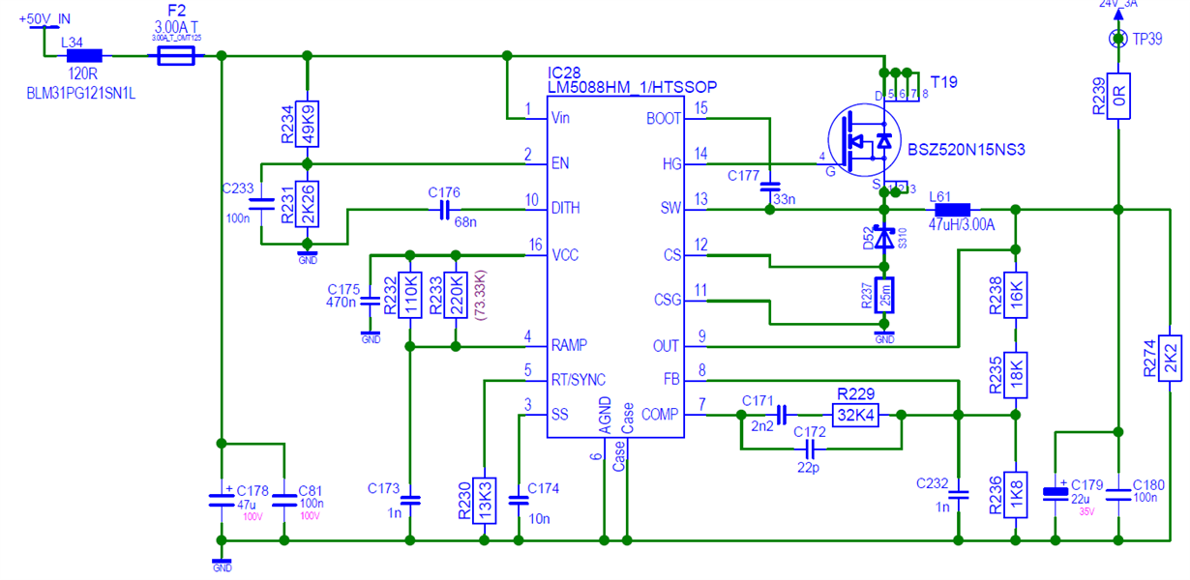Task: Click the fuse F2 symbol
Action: pos(176,57)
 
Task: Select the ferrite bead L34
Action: pos(84,57)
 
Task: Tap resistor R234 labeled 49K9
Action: pos(307,124)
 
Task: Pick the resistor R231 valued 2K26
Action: pos(307,203)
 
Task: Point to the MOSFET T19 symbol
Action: pos(864,141)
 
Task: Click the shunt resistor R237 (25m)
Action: pos(883,296)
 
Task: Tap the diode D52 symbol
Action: pos(883,239)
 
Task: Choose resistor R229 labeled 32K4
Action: pos(855,414)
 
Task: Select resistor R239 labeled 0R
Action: pos(1117,96)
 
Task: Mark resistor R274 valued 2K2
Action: pos(1170,355)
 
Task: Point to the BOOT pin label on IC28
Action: pos(664,119)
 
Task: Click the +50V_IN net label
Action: pos(45,19)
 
